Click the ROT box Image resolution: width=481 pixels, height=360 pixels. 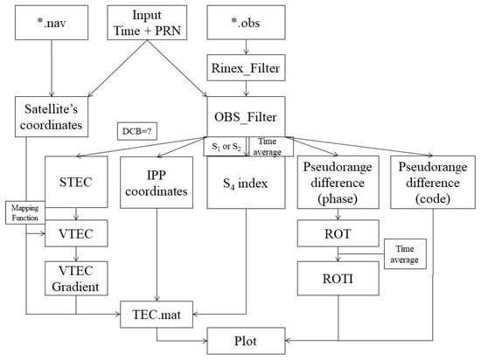coord(338,235)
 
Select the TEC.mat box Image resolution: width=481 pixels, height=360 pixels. coord(157,310)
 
